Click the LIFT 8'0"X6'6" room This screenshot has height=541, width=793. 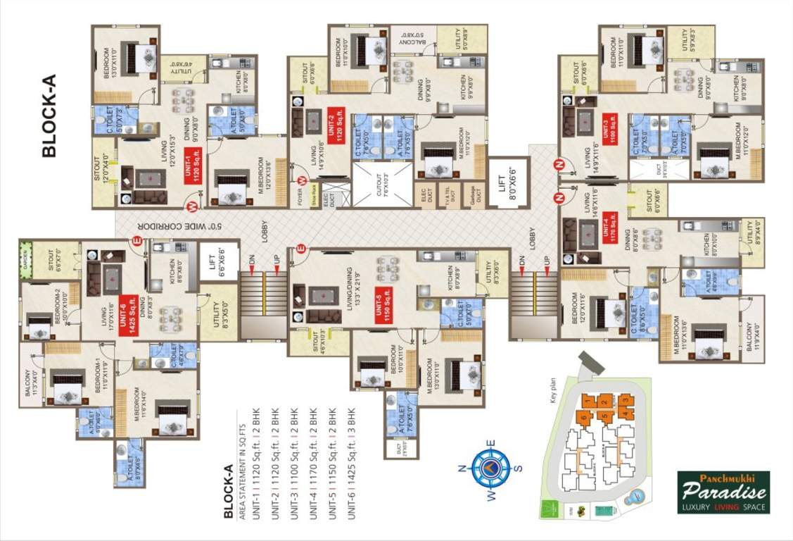507,182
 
